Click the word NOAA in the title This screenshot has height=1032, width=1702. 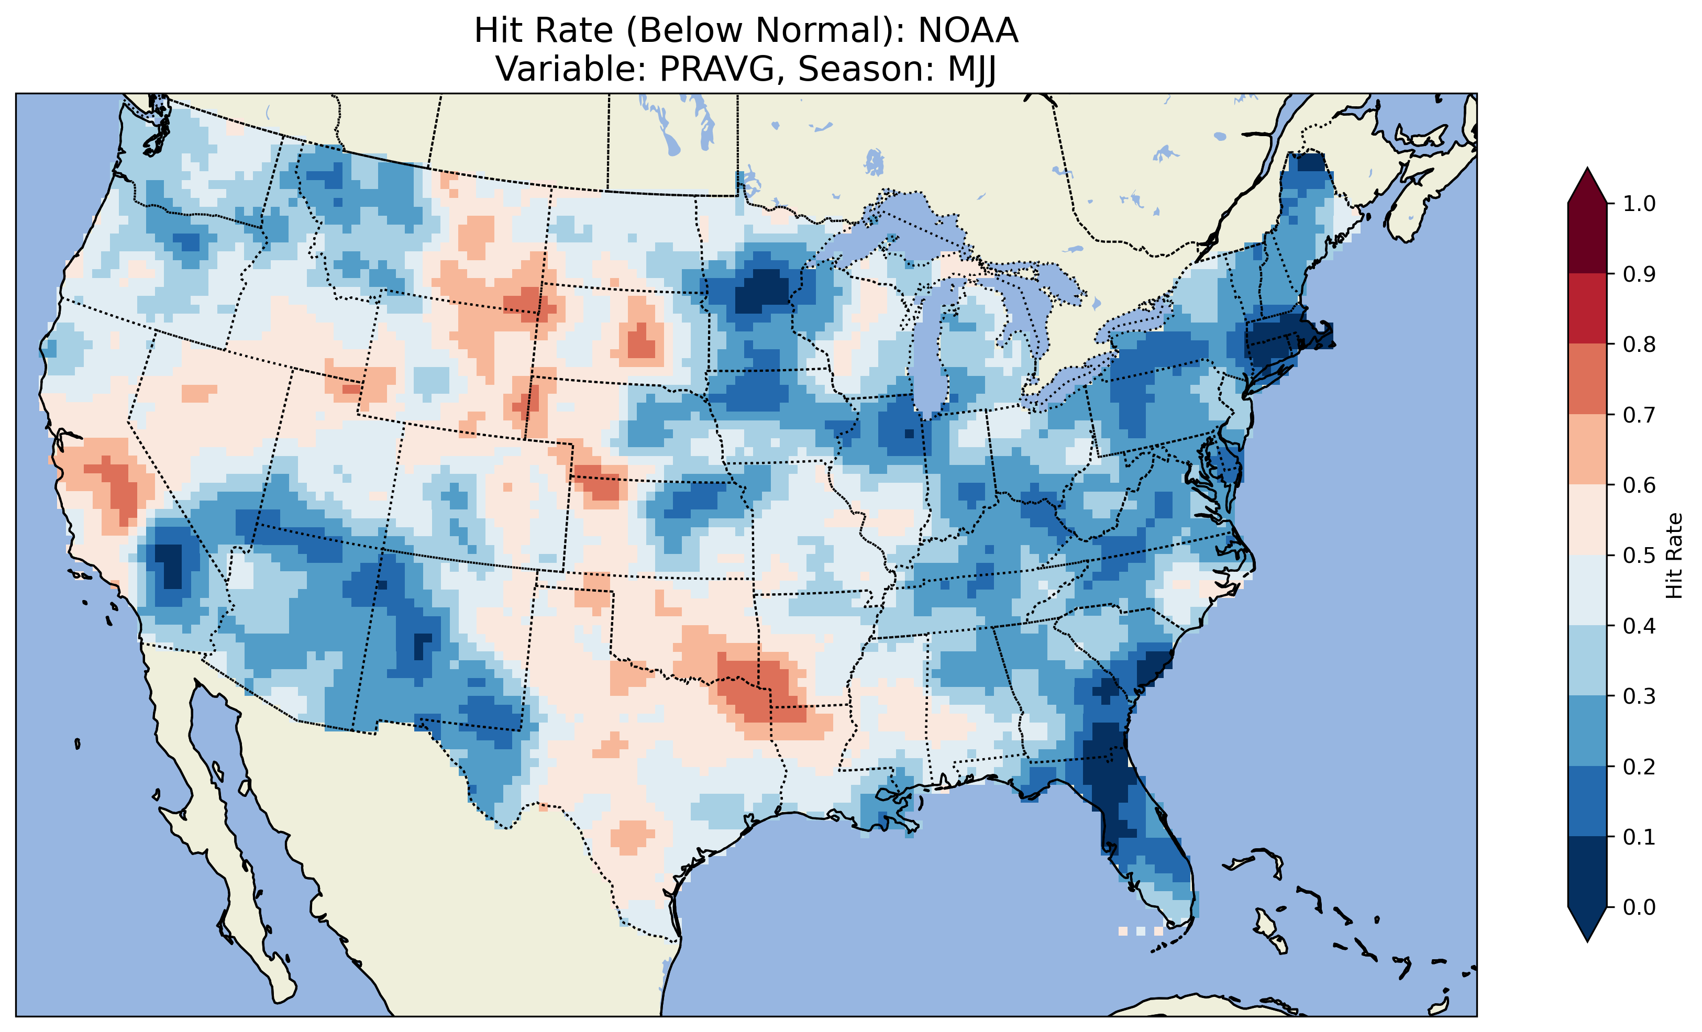tap(968, 31)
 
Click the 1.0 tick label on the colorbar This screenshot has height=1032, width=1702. tap(1639, 204)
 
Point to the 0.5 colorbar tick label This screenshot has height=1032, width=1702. tap(1639, 556)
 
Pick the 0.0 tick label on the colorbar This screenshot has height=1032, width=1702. tap(1639, 907)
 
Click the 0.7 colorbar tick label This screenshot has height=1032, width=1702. tap(1639, 415)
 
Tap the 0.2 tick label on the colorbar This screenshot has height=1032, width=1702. tap(1639, 767)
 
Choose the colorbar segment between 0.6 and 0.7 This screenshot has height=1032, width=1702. tap(1587, 449)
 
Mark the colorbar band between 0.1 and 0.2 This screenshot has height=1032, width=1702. tap(1587, 801)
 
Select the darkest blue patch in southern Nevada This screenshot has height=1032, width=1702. tap(169, 563)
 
